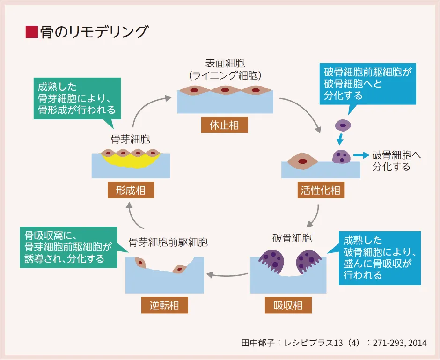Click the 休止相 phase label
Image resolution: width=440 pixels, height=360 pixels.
pos(225,125)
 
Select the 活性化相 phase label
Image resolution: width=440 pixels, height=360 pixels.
pos(321,191)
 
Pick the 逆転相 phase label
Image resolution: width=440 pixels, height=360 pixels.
pos(165,306)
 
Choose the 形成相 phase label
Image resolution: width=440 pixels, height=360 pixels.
pos(131,191)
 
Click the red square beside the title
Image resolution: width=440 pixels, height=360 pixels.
pos(31,32)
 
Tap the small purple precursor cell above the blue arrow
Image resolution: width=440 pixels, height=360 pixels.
pos(343,125)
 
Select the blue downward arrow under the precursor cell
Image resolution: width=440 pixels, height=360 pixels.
pos(341,139)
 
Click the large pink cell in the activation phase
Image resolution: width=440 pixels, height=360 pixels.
pos(302,161)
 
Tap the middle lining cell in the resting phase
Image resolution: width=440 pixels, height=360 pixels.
pos(225,90)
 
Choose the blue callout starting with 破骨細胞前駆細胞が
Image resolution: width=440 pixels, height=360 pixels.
pos(369,83)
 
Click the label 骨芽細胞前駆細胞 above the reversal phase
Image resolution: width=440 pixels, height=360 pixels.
pos(168,242)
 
